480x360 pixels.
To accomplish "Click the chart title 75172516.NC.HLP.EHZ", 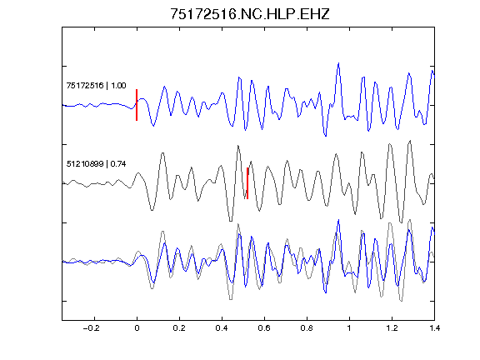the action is (x=249, y=14).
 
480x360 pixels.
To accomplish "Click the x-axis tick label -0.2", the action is (x=91, y=328).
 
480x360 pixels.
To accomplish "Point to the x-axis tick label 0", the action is (x=137, y=328).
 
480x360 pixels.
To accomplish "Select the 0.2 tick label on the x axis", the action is (x=179, y=328).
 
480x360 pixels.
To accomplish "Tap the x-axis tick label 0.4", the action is (x=222, y=328).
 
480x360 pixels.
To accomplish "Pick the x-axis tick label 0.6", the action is (x=264, y=328).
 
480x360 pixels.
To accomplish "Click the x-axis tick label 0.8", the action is (x=307, y=328).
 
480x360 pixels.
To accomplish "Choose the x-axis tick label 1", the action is (x=349, y=328).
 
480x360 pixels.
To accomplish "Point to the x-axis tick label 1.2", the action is (x=392, y=328).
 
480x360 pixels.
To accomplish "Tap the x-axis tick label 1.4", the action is (x=434, y=328).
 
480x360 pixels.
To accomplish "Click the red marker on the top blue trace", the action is (x=137, y=105).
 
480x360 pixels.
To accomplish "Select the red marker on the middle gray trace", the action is (x=247, y=183).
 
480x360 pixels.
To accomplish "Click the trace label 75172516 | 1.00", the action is (x=96, y=85).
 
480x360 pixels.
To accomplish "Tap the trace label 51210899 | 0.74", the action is (x=96, y=164).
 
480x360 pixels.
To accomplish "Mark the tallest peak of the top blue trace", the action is (x=338, y=63).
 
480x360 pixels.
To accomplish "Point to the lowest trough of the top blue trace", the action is (x=325, y=136).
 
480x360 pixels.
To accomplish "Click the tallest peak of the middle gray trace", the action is (x=410, y=141).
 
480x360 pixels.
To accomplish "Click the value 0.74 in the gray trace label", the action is (x=118, y=164).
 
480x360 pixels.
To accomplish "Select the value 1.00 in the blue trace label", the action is (x=118, y=85).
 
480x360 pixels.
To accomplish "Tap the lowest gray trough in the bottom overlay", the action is (x=402, y=301).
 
